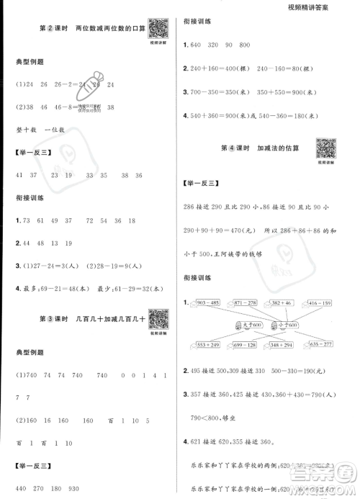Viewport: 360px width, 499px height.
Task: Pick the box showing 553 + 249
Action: coord(209,346)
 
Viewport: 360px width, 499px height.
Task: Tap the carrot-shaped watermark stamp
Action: coord(94,91)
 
